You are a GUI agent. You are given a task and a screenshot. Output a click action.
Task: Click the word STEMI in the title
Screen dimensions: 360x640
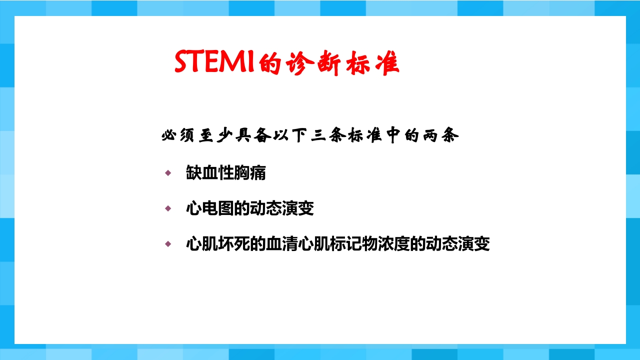pos(214,62)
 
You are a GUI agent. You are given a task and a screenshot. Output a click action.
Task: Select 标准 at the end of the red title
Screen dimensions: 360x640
pos(370,63)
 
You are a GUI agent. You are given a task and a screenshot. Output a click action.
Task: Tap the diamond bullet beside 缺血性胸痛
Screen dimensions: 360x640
pos(168,173)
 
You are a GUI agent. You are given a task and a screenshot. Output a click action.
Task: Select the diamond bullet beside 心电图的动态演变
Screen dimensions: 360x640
pos(168,208)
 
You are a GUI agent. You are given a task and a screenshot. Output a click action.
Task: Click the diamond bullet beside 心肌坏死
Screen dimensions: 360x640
pos(168,244)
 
